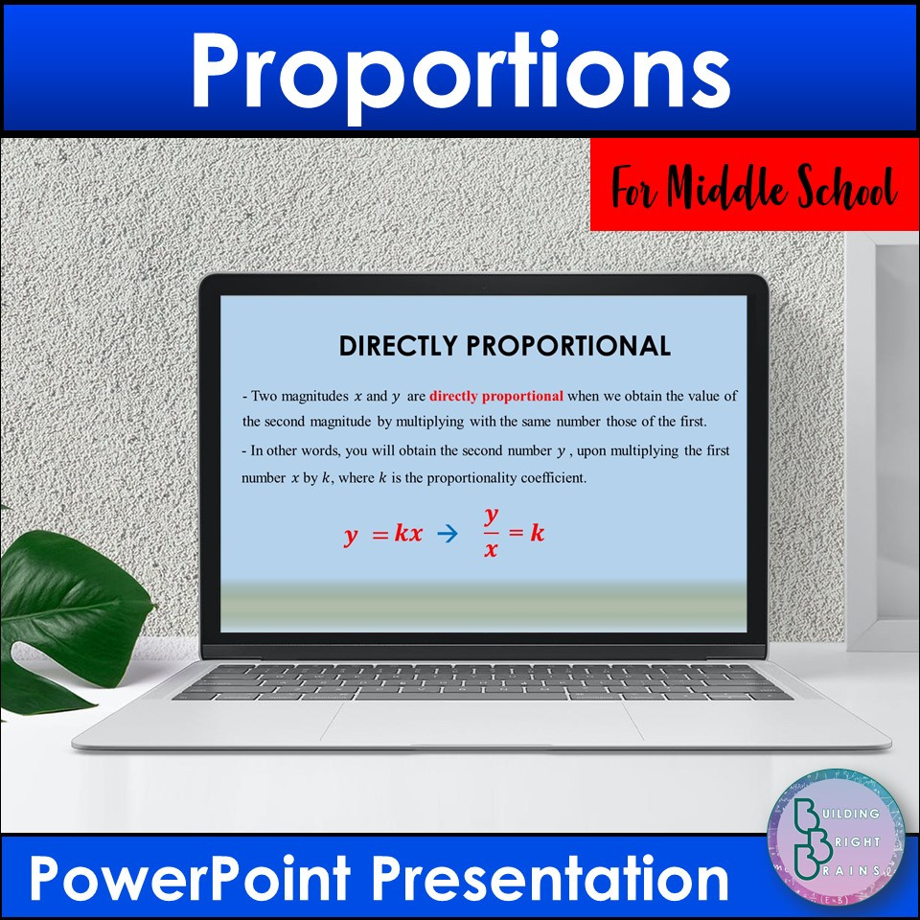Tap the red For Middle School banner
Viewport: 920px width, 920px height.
tap(754, 184)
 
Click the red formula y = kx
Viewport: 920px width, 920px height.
tap(382, 535)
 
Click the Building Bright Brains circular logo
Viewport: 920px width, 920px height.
tap(836, 833)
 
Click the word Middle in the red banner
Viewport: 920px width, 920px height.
tap(724, 188)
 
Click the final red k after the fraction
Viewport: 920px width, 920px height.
tap(538, 533)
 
